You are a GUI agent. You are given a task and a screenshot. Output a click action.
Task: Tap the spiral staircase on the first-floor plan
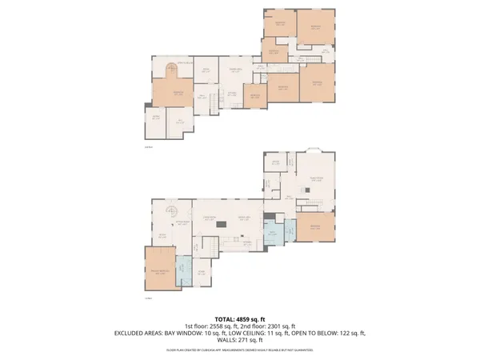170,211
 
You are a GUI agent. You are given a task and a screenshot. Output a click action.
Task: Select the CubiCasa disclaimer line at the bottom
240,349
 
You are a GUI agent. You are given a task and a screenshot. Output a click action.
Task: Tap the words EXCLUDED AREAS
138,334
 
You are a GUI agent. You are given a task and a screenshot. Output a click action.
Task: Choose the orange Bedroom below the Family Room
311,226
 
